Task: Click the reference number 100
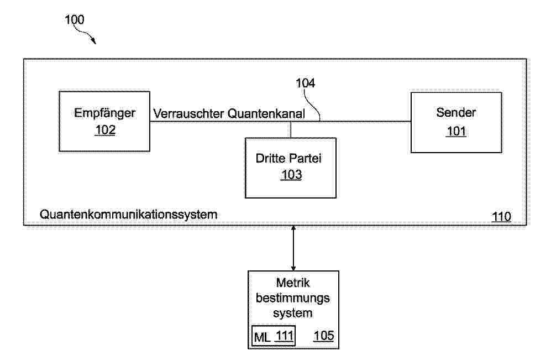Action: pyautogui.click(x=75, y=19)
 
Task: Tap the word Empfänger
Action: pyautogui.click(x=104, y=113)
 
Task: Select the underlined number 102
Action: pyautogui.click(x=106, y=130)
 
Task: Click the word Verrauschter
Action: pyautogui.click(x=188, y=113)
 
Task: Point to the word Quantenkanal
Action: pyautogui.click(x=266, y=113)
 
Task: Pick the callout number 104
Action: pyautogui.click(x=305, y=83)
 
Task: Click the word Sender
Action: pyautogui.click(x=456, y=112)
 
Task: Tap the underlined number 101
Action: pyautogui.click(x=456, y=131)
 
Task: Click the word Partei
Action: pyautogui.click(x=305, y=158)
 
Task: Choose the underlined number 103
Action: pyautogui.click(x=291, y=175)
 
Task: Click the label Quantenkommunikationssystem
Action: pyautogui.click(x=128, y=215)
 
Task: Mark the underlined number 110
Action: pyautogui.click(x=501, y=217)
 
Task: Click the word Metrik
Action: pyautogui.click(x=293, y=283)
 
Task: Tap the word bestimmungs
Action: pyautogui.click(x=293, y=299)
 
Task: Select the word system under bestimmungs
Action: pyautogui.click(x=293, y=313)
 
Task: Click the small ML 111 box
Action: pyautogui.click(x=274, y=336)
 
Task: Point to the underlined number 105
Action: pyautogui.click(x=324, y=336)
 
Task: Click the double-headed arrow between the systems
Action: pyautogui.click(x=293, y=248)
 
